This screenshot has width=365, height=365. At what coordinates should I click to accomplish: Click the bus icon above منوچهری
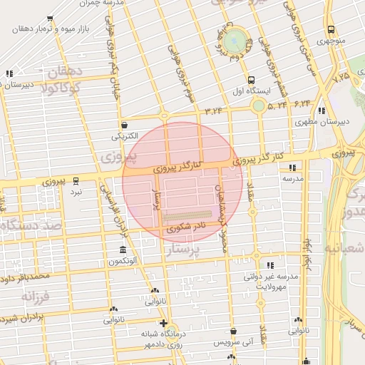pyautogui.click(x=331, y=30)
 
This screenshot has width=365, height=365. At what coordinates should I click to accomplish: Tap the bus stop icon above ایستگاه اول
pyautogui.click(x=250, y=81)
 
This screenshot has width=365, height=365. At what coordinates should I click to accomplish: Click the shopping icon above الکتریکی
pyautogui.click(x=123, y=123)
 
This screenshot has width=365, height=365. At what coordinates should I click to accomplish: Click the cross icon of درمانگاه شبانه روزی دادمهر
pyautogui.click(x=164, y=324)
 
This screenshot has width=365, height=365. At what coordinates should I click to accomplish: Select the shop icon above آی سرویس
pyautogui.click(x=234, y=331)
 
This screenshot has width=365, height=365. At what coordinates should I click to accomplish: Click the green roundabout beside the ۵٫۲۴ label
pyautogui.click(x=258, y=106)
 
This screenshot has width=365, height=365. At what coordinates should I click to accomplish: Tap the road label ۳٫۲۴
pyautogui.click(x=214, y=111)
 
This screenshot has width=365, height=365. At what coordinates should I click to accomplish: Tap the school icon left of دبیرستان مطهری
pyautogui.click(x=321, y=110)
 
